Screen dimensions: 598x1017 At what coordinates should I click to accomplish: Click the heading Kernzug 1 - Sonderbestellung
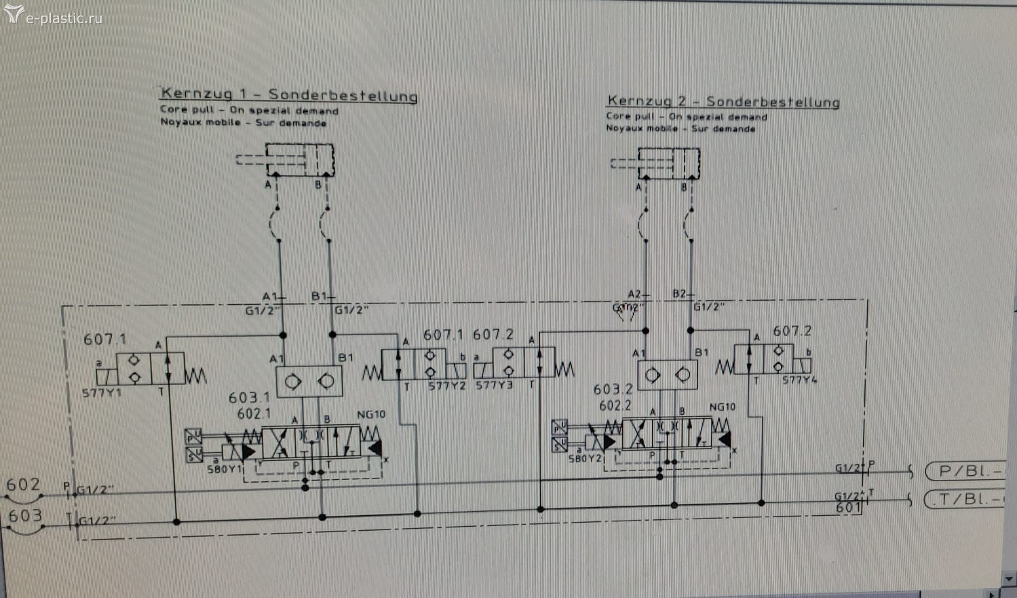pyautogui.click(x=288, y=94)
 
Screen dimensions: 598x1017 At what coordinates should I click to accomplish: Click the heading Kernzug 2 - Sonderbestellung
pyautogui.click(x=723, y=101)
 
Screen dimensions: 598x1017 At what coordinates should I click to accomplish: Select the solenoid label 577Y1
pyautogui.click(x=102, y=393)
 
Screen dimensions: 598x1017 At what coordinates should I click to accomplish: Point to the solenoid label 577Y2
pyautogui.click(x=446, y=386)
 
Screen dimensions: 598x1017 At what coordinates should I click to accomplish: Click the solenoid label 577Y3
pyautogui.click(x=494, y=386)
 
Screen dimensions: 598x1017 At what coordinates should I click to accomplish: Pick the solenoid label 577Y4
pyautogui.click(x=799, y=380)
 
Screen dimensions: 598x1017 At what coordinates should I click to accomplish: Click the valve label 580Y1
pyautogui.click(x=225, y=469)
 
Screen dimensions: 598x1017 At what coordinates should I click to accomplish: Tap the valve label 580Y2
pyautogui.click(x=585, y=458)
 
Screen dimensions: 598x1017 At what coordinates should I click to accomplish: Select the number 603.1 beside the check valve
pyautogui.click(x=249, y=398)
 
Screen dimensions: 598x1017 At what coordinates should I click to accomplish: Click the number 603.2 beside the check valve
pyautogui.click(x=613, y=390)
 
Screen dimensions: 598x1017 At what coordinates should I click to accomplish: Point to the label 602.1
pyautogui.click(x=254, y=413)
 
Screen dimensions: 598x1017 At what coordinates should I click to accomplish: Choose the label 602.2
pyautogui.click(x=615, y=406)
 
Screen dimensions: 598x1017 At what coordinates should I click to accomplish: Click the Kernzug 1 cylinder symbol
pyautogui.click(x=299, y=160)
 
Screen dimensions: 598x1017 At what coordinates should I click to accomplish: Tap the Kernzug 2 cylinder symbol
pyautogui.click(x=668, y=164)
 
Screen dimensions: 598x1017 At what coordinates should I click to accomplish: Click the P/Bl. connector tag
pyautogui.click(x=967, y=471)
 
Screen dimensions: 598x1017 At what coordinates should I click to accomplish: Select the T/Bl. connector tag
pyautogui.click(x=967, y=500)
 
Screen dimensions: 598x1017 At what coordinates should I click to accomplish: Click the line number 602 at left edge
pyautogui.click(x=23, y=485)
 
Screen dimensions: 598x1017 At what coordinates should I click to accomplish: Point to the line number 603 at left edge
pyautogui.click(x=25, y=516)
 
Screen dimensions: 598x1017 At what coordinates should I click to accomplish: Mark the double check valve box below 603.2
pyautogui.click(x=668, y=375)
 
